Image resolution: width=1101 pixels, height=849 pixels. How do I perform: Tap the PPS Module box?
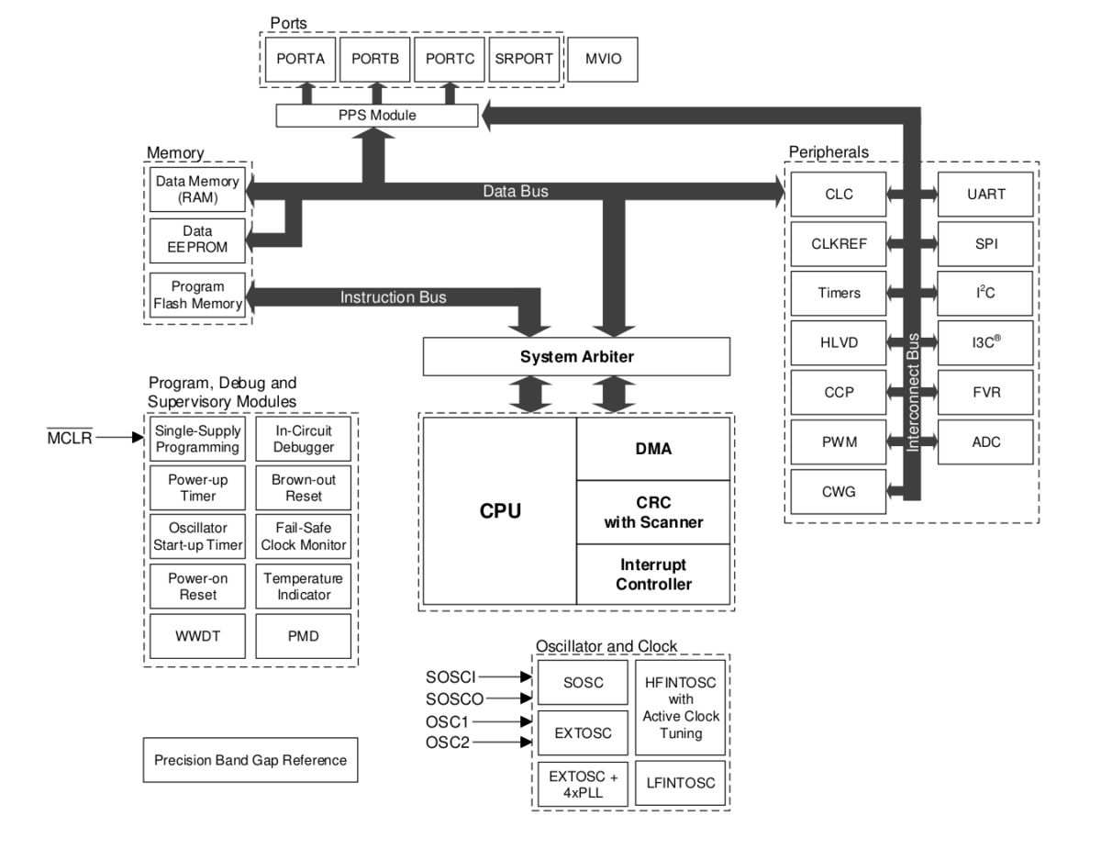click(376, 116)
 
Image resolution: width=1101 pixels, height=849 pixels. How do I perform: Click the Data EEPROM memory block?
click(196, 240)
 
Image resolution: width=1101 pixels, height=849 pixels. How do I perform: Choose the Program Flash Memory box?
click(196, 296)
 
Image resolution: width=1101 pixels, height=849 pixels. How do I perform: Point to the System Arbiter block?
click(576, 356)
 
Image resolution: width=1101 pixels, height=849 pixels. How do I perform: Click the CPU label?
click(500, 511)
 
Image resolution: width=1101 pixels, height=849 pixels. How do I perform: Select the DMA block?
click(653, 449)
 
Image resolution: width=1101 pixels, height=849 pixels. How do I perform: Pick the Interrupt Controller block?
click(653, 574)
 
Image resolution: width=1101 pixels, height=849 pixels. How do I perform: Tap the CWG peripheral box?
click(840, 492)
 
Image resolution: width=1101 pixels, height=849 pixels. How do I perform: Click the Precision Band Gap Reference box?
click(250, 761)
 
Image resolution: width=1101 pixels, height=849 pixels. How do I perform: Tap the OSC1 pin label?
click(448, 721)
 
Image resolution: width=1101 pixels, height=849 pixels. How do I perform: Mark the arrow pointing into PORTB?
click(375, 93)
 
